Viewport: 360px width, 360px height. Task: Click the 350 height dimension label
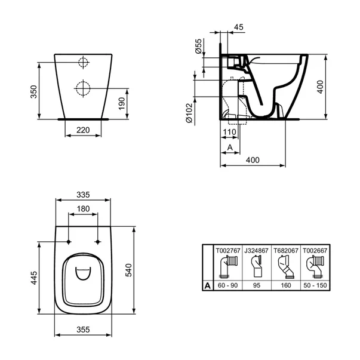[x=34, y=91]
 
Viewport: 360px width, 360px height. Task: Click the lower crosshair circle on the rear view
[x=83, y=88]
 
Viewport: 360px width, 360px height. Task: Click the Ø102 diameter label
[x=188, y=112]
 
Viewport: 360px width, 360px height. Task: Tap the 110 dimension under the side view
[x=230, y=132]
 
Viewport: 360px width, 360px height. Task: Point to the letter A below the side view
[x=229, y=147]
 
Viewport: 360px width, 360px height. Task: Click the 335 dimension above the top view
[x=83, y=195]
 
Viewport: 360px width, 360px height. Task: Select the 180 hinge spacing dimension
[x=83, y=209]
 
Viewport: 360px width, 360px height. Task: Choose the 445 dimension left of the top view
[x=34, y=278]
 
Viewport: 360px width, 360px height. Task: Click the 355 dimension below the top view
[x=83, y=329]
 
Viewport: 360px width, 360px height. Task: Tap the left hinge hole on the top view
[x=69, y=242]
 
